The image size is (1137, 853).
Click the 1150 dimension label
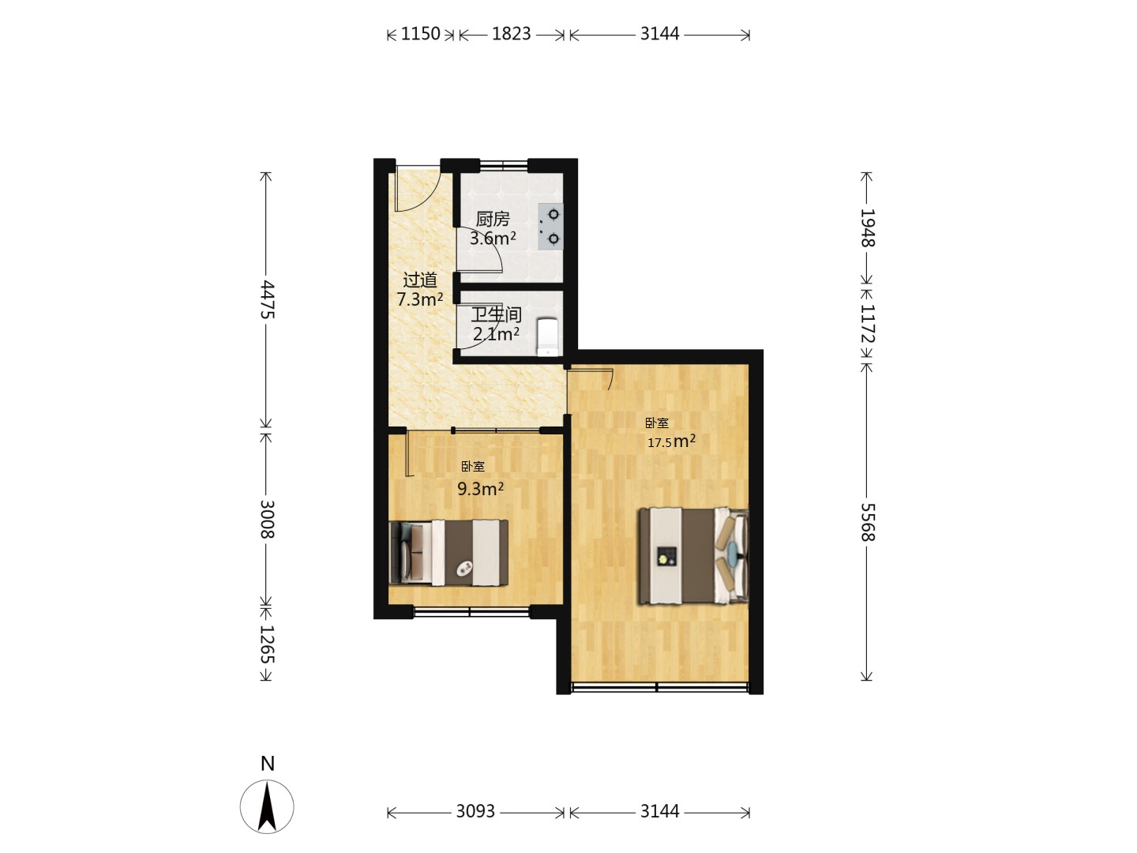tap(420, 34)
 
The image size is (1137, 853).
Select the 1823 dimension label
tap(512, 34)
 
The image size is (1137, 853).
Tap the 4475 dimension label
tap(267, 299)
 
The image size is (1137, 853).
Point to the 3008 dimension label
tap(267, 520)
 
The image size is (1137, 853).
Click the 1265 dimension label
tap(267, 644)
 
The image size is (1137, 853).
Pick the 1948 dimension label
tap(868, 228)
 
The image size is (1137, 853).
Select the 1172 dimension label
tap(868, 324)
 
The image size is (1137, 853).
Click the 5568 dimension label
tap(868, 522)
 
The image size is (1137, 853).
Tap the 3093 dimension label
tap(475, 811)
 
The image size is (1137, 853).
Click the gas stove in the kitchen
tap(550, 227)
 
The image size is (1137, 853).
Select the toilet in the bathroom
tap(548, 337)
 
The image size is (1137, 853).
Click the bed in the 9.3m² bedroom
tap(448, 553)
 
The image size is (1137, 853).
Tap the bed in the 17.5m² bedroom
tap(693, 556)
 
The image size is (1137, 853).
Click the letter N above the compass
tap(268, 764)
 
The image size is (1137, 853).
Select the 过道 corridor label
tap(420, 280)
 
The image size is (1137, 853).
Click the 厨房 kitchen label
tap(493, 220)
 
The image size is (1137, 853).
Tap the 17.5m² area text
tap(671, 442)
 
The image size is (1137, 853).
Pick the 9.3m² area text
tap(480, 489)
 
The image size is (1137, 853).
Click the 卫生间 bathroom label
tap(496, 315)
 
